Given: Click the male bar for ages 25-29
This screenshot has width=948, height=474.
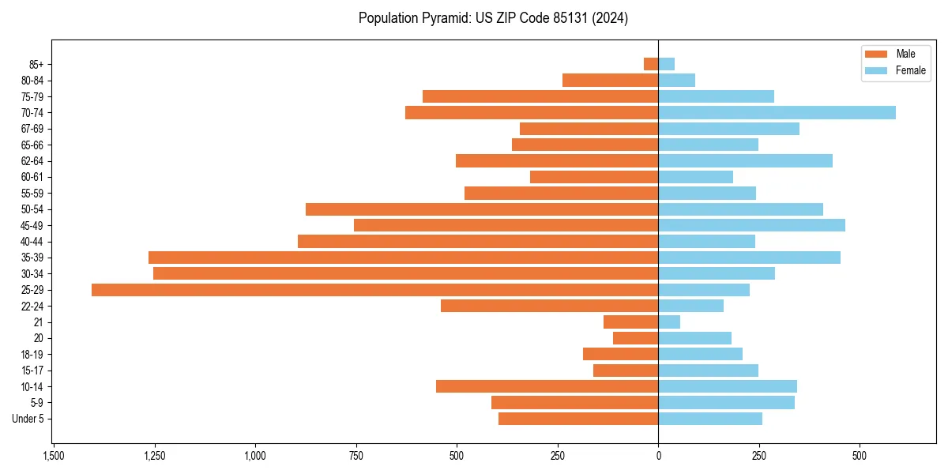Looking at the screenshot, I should [374, 290].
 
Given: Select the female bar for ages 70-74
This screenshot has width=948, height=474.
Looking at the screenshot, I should [777, 112].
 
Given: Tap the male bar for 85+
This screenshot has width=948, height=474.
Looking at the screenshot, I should [651, 64].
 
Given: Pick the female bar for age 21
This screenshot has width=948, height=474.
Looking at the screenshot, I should [669, 322].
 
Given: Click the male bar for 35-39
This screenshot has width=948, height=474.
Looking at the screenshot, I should [403, 258].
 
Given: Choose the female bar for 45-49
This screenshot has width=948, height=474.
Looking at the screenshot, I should [751, 225].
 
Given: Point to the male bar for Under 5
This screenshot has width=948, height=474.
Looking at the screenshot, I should [578, 419].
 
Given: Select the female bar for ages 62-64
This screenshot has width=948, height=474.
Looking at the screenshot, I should [745, 160].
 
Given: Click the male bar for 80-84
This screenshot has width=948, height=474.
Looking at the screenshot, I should [610, 80].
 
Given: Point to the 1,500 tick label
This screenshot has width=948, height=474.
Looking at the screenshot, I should [53, 457].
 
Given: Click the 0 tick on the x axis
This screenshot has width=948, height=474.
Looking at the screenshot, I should [658, 457].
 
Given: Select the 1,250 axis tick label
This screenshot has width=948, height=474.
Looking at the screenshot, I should [154, 457].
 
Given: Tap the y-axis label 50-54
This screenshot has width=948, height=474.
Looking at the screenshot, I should [32, 209].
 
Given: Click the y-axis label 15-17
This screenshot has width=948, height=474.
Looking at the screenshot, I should [32, 371].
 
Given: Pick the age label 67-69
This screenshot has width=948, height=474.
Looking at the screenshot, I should [32, 129].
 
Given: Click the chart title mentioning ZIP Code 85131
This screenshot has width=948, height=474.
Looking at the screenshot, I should [493, 18].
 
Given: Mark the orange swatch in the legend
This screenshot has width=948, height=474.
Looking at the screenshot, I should [876, 54].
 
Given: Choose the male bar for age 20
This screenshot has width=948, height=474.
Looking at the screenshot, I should [635, 338].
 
